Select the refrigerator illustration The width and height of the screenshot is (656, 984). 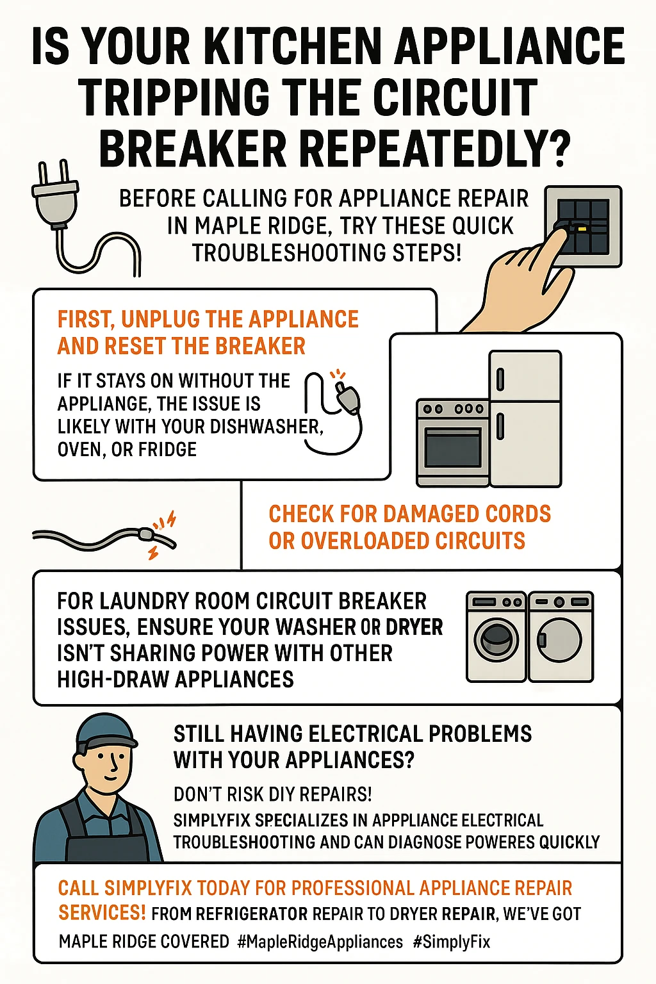pyautogui.click(x=525, y=418)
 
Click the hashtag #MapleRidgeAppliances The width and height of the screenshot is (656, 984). pyautogui.click(x=320, y=942)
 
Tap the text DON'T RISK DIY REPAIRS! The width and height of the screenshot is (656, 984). pyautogui.click(x=272, y=794)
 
